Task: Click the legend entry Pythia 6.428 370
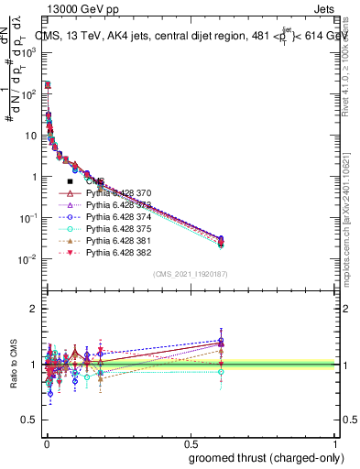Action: (x=117, y=194)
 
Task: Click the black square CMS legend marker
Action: (x=70, y=182)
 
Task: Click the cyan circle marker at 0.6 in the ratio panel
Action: (x=220, y=371)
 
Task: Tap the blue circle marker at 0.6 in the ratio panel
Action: (x=220, y=341)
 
